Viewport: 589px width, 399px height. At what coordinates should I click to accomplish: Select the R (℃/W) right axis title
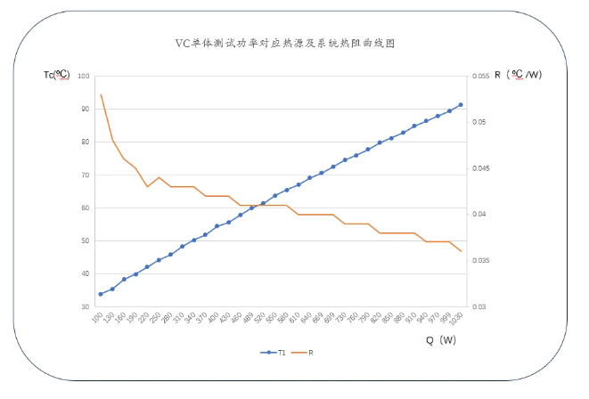511,76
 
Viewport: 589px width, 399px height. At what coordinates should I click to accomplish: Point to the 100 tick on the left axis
85,76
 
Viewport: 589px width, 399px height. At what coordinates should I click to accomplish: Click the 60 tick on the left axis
86,208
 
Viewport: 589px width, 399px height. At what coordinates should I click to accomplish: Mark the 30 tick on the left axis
86,306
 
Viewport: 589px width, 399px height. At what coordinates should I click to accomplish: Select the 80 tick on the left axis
86,142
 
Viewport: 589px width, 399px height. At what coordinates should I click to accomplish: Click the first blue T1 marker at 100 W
101,294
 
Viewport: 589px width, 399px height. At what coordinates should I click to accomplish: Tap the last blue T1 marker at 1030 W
461,104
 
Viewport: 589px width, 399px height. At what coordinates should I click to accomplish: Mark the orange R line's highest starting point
101,94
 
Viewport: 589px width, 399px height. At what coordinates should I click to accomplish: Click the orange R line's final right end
461,251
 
